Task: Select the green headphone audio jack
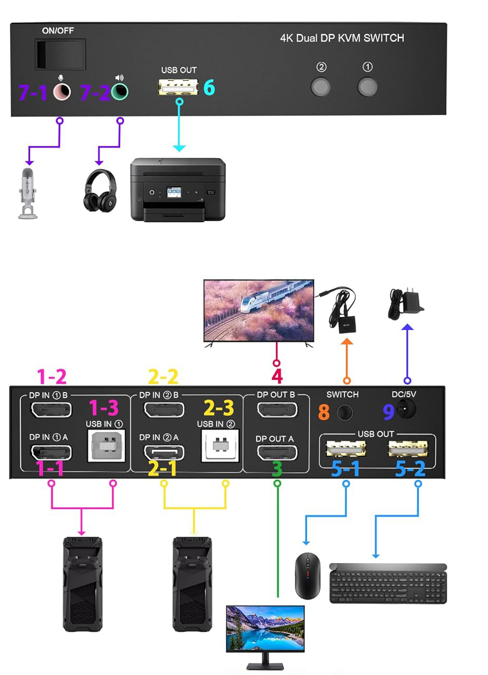(120, 92)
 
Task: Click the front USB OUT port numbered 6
(179, 87)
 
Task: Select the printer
(178, 189)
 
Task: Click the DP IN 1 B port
(51, 410)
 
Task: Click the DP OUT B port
(276, 410)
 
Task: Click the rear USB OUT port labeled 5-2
(407, 449)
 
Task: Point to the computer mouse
(308, 575)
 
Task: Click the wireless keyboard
(388, 583)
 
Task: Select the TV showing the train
(258, 310)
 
